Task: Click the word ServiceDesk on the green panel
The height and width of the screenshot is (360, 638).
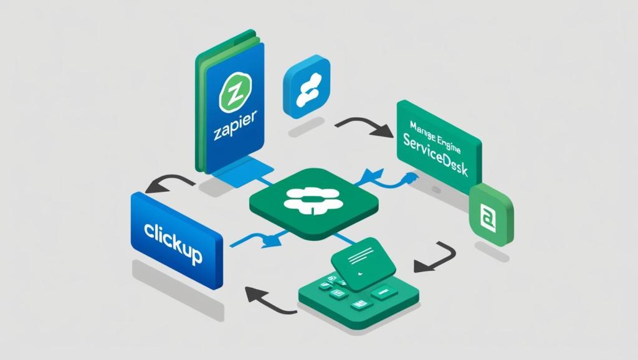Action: coord(436,156)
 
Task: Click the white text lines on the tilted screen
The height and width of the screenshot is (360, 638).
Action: coord(359,253)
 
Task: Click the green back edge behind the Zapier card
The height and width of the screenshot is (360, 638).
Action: coord(201,106)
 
